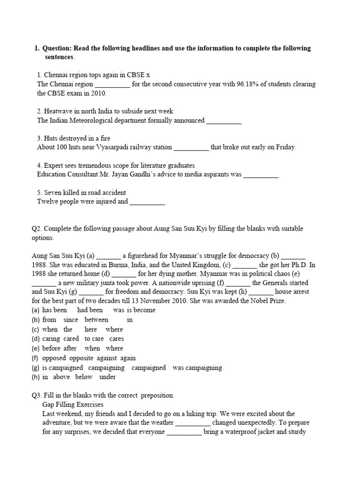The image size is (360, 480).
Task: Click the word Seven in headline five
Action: tap(53, 193)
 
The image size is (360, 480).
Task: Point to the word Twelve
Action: tap(48, 202)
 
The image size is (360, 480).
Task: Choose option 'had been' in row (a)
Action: tap(90, 310)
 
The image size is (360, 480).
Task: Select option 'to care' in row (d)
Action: tap(94, 339)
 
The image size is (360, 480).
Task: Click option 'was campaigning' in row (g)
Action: tap(197, 367)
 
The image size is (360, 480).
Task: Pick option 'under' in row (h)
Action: tap(108, 377)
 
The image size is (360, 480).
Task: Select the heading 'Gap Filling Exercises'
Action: tap(73, 405)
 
